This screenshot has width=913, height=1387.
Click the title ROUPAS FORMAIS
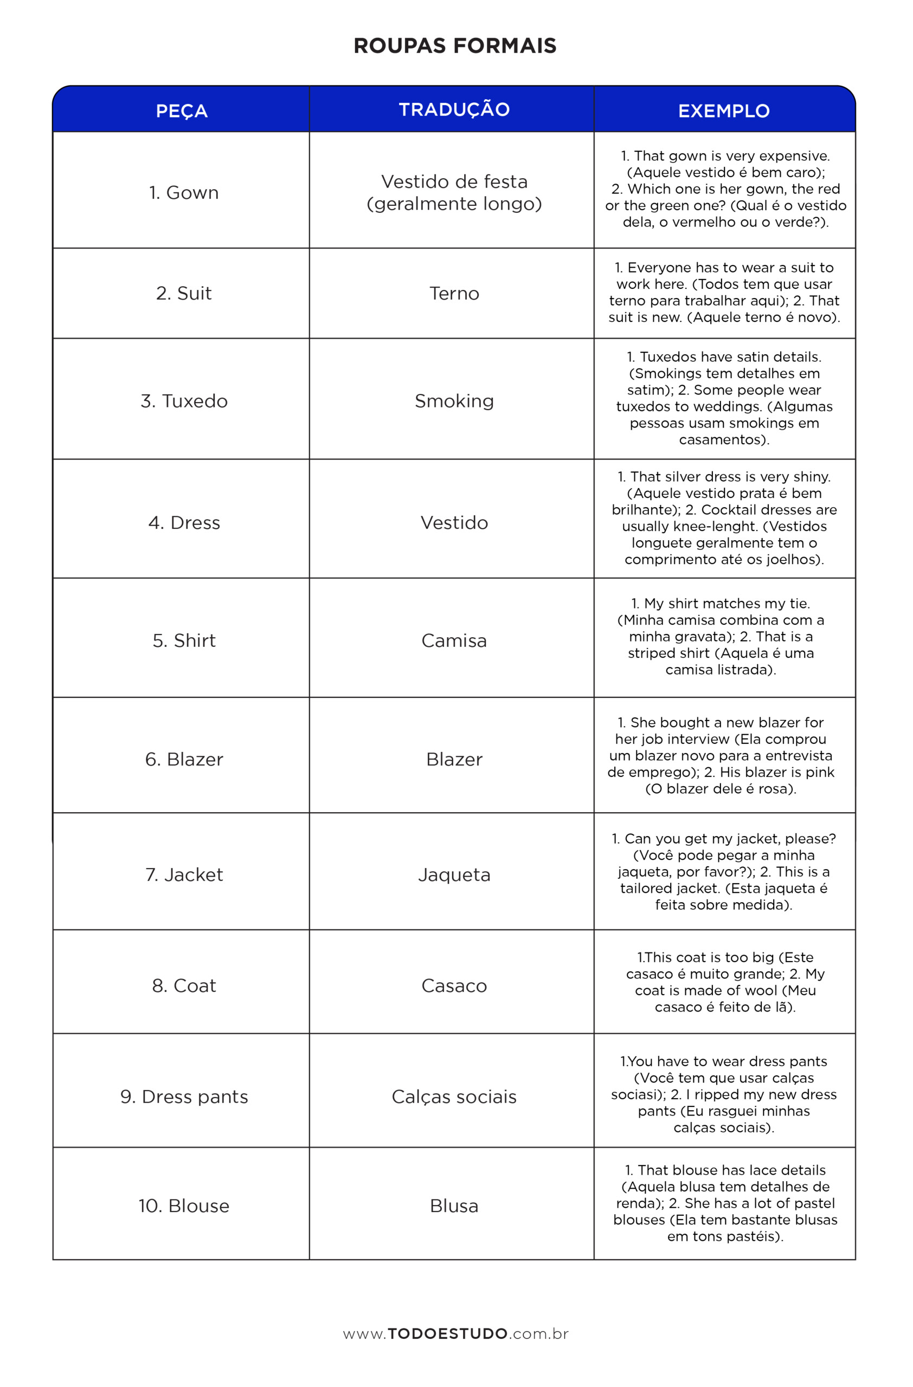pos(455,46)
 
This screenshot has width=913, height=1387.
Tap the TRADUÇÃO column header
pos(454,109)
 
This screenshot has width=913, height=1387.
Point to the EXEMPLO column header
pos(724,111)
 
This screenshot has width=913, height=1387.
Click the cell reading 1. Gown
pos(184,192)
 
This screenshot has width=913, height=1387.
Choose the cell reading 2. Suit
pos(184,293)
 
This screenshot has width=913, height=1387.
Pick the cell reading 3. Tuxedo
pos(184,401)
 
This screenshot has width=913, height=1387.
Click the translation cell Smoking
pos(454,401)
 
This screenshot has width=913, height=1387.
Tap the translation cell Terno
pos(454,293)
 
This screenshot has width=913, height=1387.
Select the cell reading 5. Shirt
pos(184,640)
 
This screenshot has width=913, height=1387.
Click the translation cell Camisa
pos(454,640)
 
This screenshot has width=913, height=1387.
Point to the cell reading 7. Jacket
pos(184,875)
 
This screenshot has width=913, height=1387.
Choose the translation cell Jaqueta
pos(454,875)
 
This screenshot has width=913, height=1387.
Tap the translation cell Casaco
pos(454,986)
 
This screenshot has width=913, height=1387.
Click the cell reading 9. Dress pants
pos(184,1097)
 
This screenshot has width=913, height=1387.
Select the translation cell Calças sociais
pos(454,1097)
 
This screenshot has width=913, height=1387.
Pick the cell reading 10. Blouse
pos(184,1205)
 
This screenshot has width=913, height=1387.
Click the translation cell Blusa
pos(454,1205)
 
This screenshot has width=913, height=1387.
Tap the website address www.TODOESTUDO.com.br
pos(455,1334)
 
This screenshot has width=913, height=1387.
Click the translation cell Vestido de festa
pos(454,192)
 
